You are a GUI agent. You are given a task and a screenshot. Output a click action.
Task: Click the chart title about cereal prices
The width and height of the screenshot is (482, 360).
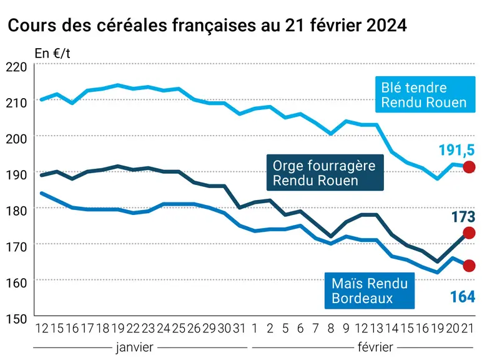(x=207, y=25)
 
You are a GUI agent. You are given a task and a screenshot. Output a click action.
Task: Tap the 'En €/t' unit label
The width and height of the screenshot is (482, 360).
(x=52, y=54)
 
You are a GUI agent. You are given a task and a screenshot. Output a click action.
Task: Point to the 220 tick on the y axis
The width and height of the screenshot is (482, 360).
(x=16, y=67)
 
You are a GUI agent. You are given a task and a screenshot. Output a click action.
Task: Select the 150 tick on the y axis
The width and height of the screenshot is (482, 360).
(x=16, y=319)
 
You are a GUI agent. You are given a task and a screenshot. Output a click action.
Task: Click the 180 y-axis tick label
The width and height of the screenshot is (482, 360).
(x=16, y=211)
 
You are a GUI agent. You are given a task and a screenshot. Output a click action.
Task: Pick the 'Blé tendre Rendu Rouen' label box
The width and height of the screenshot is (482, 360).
(x=425, y=94)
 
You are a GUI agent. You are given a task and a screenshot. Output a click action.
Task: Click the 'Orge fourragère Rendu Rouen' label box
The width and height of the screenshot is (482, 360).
(x=325, y=172)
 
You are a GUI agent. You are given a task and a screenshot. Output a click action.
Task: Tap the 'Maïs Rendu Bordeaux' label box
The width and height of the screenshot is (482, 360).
(x=370, y=291)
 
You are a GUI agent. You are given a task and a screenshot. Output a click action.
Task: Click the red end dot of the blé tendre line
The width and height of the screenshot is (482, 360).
(x=469, y=167)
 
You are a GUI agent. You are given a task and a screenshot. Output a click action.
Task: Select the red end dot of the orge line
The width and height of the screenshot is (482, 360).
(x=469, y=233)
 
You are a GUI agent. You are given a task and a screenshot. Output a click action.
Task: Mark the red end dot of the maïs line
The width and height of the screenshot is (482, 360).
(x=469, y=266)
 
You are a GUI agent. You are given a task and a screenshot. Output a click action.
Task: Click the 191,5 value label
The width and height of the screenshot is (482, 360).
(x=457, y=150)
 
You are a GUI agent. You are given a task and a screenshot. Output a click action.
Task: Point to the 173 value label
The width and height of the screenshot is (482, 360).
(x=463, y=217)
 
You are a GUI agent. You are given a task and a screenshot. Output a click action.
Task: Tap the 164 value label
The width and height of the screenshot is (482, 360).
(x=463, y=297)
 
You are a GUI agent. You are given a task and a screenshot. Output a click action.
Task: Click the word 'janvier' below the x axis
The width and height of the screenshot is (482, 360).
(x=135, y=347)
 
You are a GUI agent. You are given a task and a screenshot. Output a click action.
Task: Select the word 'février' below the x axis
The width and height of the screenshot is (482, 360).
(x=375, y=347)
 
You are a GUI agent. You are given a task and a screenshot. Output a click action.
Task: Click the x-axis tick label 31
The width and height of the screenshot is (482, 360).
(x=239, y=329)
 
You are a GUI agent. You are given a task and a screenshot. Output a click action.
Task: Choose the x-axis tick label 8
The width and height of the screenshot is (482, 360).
(x=331, y=329)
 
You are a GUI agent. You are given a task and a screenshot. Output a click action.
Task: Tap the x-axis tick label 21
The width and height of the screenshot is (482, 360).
(x=468, y=329)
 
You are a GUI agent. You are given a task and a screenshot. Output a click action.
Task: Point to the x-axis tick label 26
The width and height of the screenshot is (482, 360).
(x=194, y=329)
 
